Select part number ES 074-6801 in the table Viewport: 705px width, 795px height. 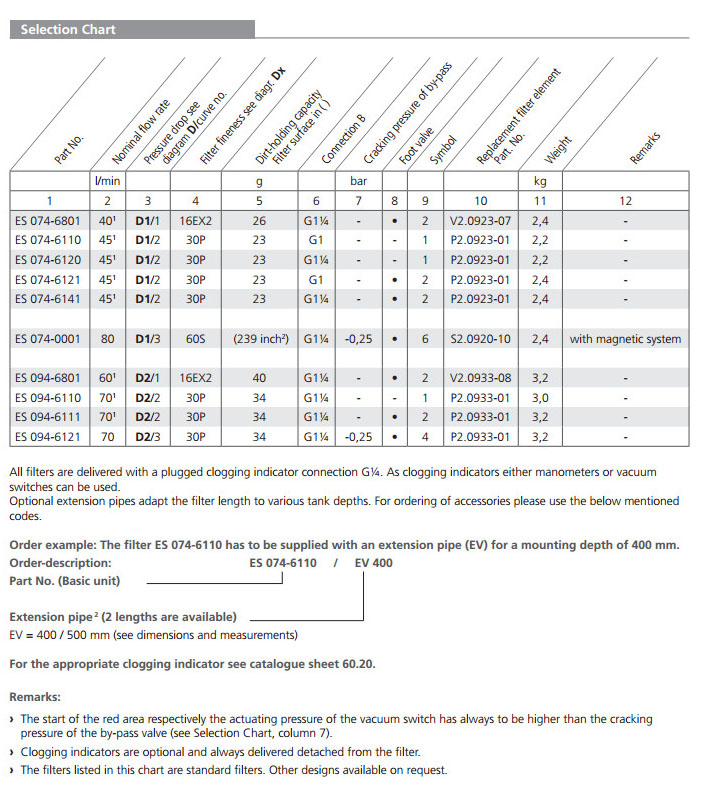49,221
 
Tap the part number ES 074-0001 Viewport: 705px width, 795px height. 49,339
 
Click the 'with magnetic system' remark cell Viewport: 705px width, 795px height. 625,339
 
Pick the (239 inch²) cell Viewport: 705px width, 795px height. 259,339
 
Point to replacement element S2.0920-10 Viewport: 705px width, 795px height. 480,339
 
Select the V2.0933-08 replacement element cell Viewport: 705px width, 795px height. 480,378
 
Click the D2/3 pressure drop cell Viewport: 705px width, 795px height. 147,436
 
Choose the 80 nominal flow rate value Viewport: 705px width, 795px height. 107,339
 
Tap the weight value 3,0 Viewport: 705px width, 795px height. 540,397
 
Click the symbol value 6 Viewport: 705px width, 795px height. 425,339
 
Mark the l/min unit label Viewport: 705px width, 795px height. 107,182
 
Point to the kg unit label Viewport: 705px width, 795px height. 540,182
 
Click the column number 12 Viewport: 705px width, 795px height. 625,201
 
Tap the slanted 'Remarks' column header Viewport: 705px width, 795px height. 645,148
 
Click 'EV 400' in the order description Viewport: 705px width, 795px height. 373,563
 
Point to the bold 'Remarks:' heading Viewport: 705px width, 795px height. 34,696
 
